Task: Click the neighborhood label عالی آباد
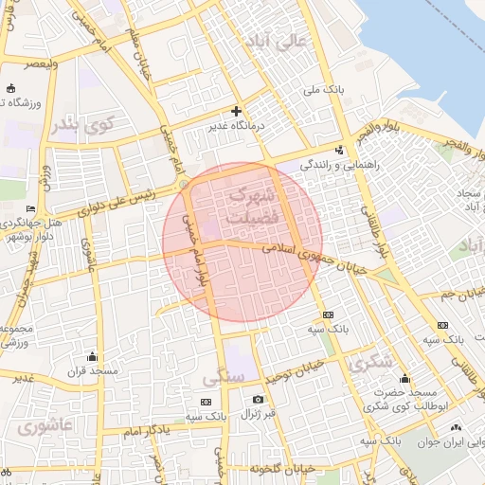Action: (276, 41)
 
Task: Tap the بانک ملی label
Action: (322, 90)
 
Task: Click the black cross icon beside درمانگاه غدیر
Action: (237, 111)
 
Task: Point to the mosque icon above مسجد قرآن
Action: (92, 356)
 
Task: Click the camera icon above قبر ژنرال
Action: (257, 399)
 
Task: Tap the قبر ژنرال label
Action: (257, 414)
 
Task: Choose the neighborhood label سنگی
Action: (224, 378)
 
